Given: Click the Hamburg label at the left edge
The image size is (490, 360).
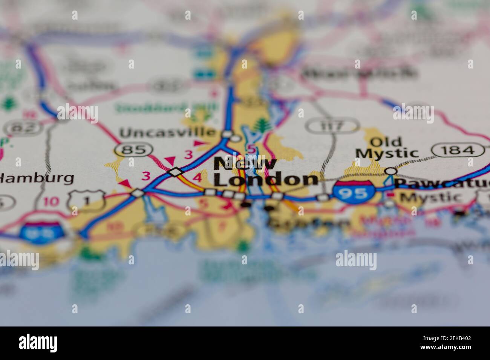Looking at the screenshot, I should [37, 178].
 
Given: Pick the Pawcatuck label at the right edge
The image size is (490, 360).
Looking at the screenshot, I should [442, 183].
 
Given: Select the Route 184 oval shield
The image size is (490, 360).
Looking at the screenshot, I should [458, 150].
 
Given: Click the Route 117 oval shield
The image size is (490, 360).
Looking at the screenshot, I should [332, 125].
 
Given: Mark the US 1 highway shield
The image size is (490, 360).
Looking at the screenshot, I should [86, 199].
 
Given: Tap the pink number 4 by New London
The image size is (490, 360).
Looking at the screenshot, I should [197, 177].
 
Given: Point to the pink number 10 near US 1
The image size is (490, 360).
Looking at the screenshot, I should [51, 201].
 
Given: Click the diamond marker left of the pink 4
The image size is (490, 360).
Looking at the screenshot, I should [175, 172].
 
